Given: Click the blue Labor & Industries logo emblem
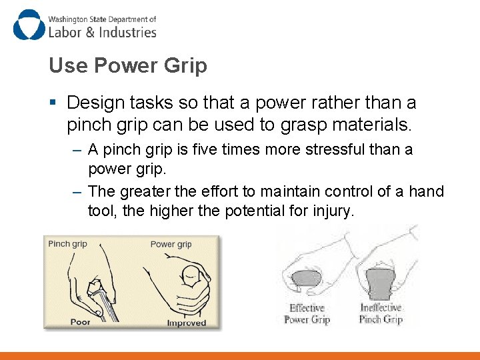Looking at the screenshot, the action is (x=29, y=25).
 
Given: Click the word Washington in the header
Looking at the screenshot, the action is (x=68, y=19).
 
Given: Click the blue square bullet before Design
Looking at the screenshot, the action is (x=53, y=102).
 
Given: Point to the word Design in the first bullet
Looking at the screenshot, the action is (x=95, y=103).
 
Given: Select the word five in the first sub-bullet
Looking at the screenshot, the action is (x=205, y=149).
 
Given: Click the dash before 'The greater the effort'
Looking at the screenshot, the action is (x=77, y=192).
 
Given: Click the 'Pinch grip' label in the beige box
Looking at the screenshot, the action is (x=67, y=244).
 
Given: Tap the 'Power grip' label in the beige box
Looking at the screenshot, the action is (x=171, y=244).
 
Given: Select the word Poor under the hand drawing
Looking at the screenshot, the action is (x=80, y=322).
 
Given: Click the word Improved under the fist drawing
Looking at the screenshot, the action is (x=187, y=323).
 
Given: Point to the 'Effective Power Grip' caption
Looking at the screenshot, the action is (x=307, y=314).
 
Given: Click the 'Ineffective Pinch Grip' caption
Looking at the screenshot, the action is (x=381, y=313).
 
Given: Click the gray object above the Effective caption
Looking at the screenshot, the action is (x=307, y=278).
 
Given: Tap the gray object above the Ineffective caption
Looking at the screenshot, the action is (x=381, y=284).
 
